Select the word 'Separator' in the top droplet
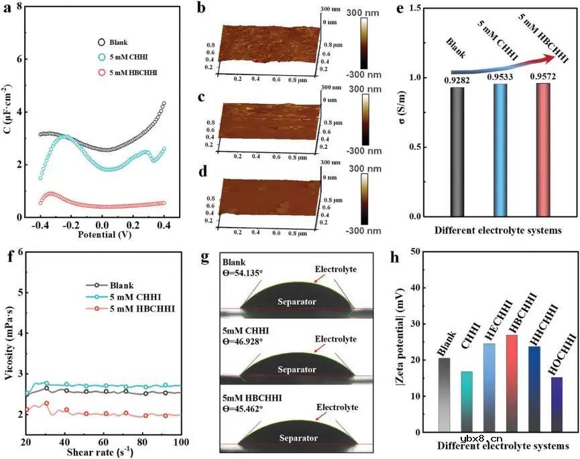coord(297,302)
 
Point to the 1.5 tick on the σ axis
coord(422,8)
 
